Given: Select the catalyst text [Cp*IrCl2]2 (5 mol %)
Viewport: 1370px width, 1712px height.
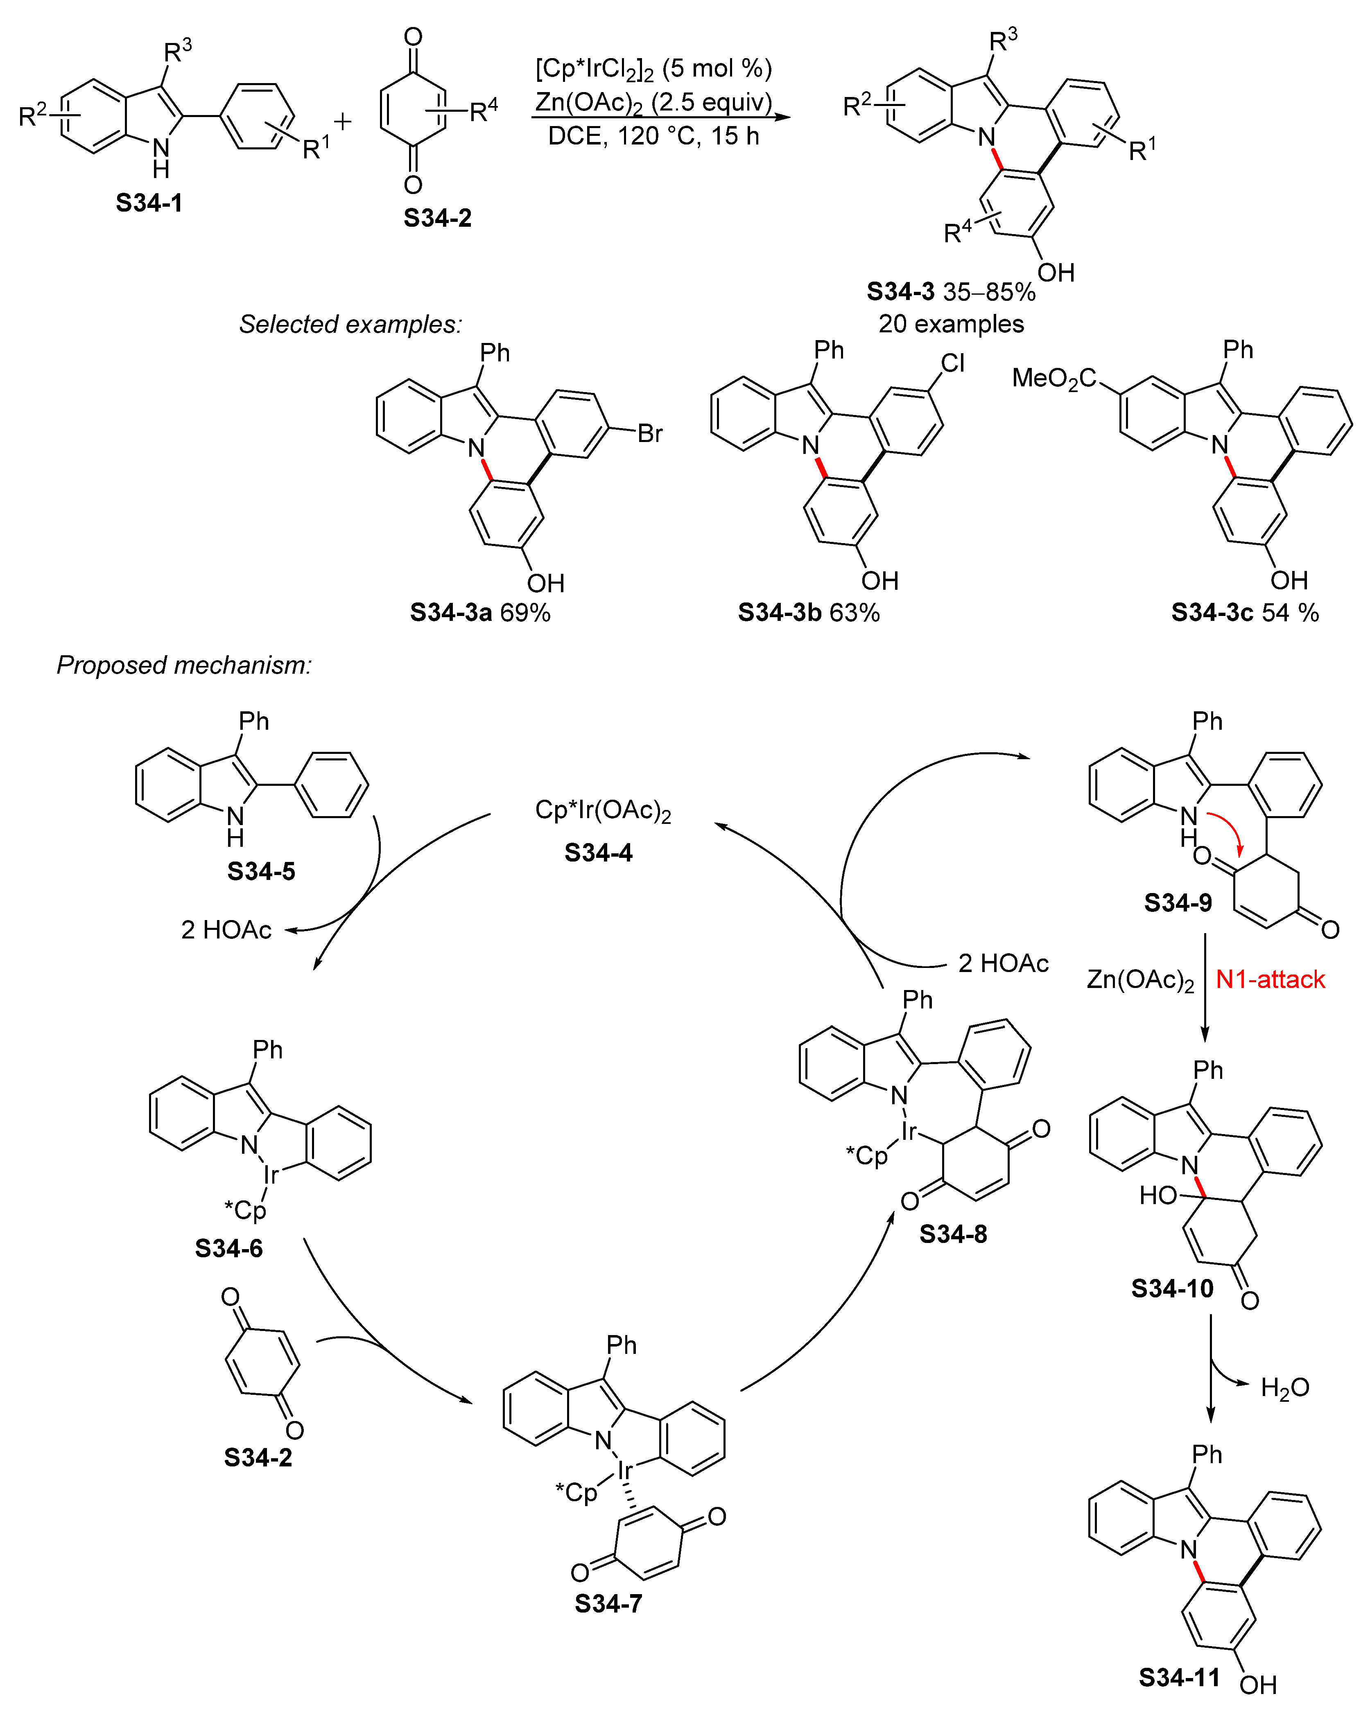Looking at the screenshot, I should (x=653, y=68).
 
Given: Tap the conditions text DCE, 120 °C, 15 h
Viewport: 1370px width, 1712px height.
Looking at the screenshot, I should (x=653, y=137).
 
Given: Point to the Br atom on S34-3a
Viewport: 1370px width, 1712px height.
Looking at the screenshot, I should (x=650, y=433).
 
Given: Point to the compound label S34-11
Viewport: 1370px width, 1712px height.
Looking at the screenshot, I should (x=1179, y=1677).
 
